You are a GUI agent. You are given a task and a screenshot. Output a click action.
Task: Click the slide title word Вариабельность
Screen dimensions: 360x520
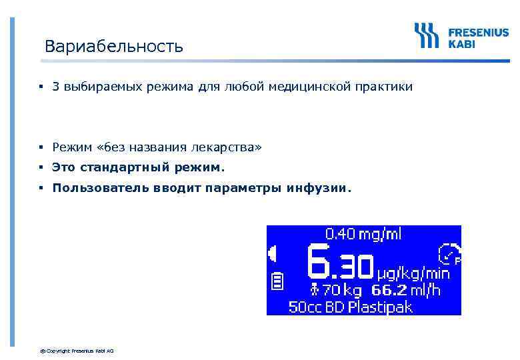point(113,47)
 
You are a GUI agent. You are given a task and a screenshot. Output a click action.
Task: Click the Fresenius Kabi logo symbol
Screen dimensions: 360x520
point(426,35)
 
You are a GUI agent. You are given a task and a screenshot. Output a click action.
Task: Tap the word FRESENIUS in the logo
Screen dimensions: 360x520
point(478,31)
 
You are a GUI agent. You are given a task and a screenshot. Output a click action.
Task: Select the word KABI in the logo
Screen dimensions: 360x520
point(462,43)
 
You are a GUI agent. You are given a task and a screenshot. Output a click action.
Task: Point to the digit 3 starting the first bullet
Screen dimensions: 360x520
point(57,87)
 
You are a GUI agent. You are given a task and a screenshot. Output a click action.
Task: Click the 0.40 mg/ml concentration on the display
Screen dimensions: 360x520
point(363,233)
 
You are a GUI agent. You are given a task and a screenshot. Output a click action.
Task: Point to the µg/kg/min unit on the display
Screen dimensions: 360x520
point(413,273)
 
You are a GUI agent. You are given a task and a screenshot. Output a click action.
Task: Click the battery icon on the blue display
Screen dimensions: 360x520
point(278,283)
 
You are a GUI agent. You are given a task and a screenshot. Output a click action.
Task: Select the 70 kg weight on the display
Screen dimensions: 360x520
point(338,290)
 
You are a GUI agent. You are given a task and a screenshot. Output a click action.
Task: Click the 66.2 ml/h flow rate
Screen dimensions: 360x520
point(407,290)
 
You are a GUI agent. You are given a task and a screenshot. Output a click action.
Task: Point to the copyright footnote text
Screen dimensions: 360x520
point(77,351)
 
